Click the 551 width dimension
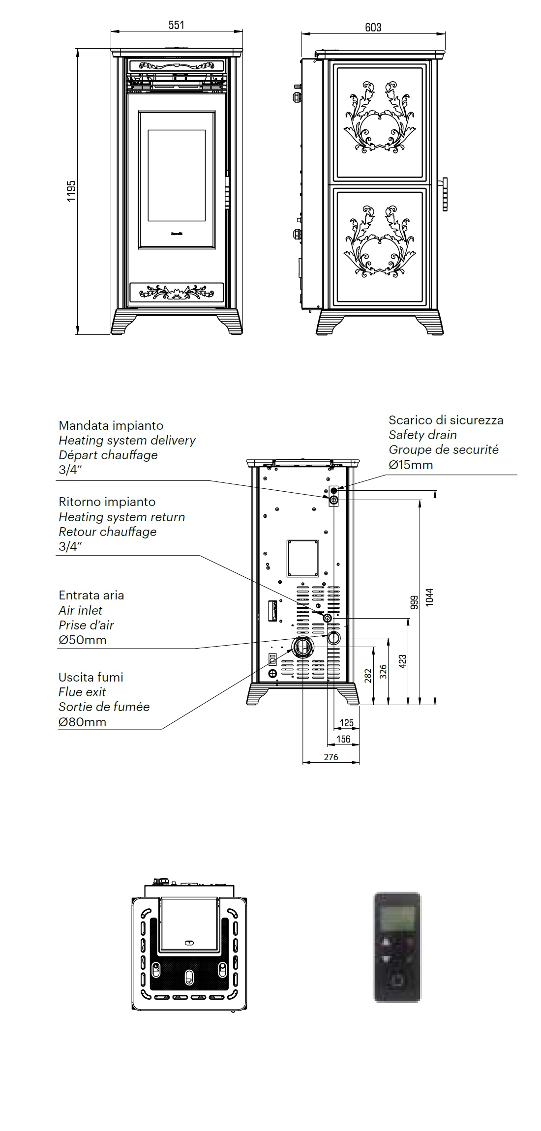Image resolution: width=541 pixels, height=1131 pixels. (x=176, y=25)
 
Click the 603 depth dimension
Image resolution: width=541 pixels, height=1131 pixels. (x=373, y=28)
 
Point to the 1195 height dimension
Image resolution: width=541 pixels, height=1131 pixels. (x=72, y=191)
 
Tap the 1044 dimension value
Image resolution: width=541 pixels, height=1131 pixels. (x=429, y=597)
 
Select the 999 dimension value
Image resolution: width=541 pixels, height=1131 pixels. (x=414, y=602)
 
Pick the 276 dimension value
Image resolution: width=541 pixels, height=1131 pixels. (x=331, y=757)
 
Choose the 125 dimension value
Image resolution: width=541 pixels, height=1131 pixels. (x=347, y=723)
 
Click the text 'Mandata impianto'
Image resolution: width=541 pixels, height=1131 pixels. (x=111, y=425)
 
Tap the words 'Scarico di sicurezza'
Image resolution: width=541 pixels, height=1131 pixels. (x=446, y=420)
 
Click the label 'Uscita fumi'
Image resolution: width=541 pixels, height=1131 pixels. (x=91, y=677)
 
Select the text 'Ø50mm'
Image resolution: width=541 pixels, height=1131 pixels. (x=82, y=640)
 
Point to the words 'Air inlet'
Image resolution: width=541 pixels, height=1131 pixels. (x=81, y=610)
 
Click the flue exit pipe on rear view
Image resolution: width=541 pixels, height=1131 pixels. (x=302, y=647)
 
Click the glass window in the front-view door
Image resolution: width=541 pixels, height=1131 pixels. (x=177, y=175)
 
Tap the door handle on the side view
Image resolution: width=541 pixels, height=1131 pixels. (x=445, y=194)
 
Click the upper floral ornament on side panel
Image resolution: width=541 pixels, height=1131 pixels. (x=379, y=117)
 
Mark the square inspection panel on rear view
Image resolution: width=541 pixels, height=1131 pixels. (x=303, y=558)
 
